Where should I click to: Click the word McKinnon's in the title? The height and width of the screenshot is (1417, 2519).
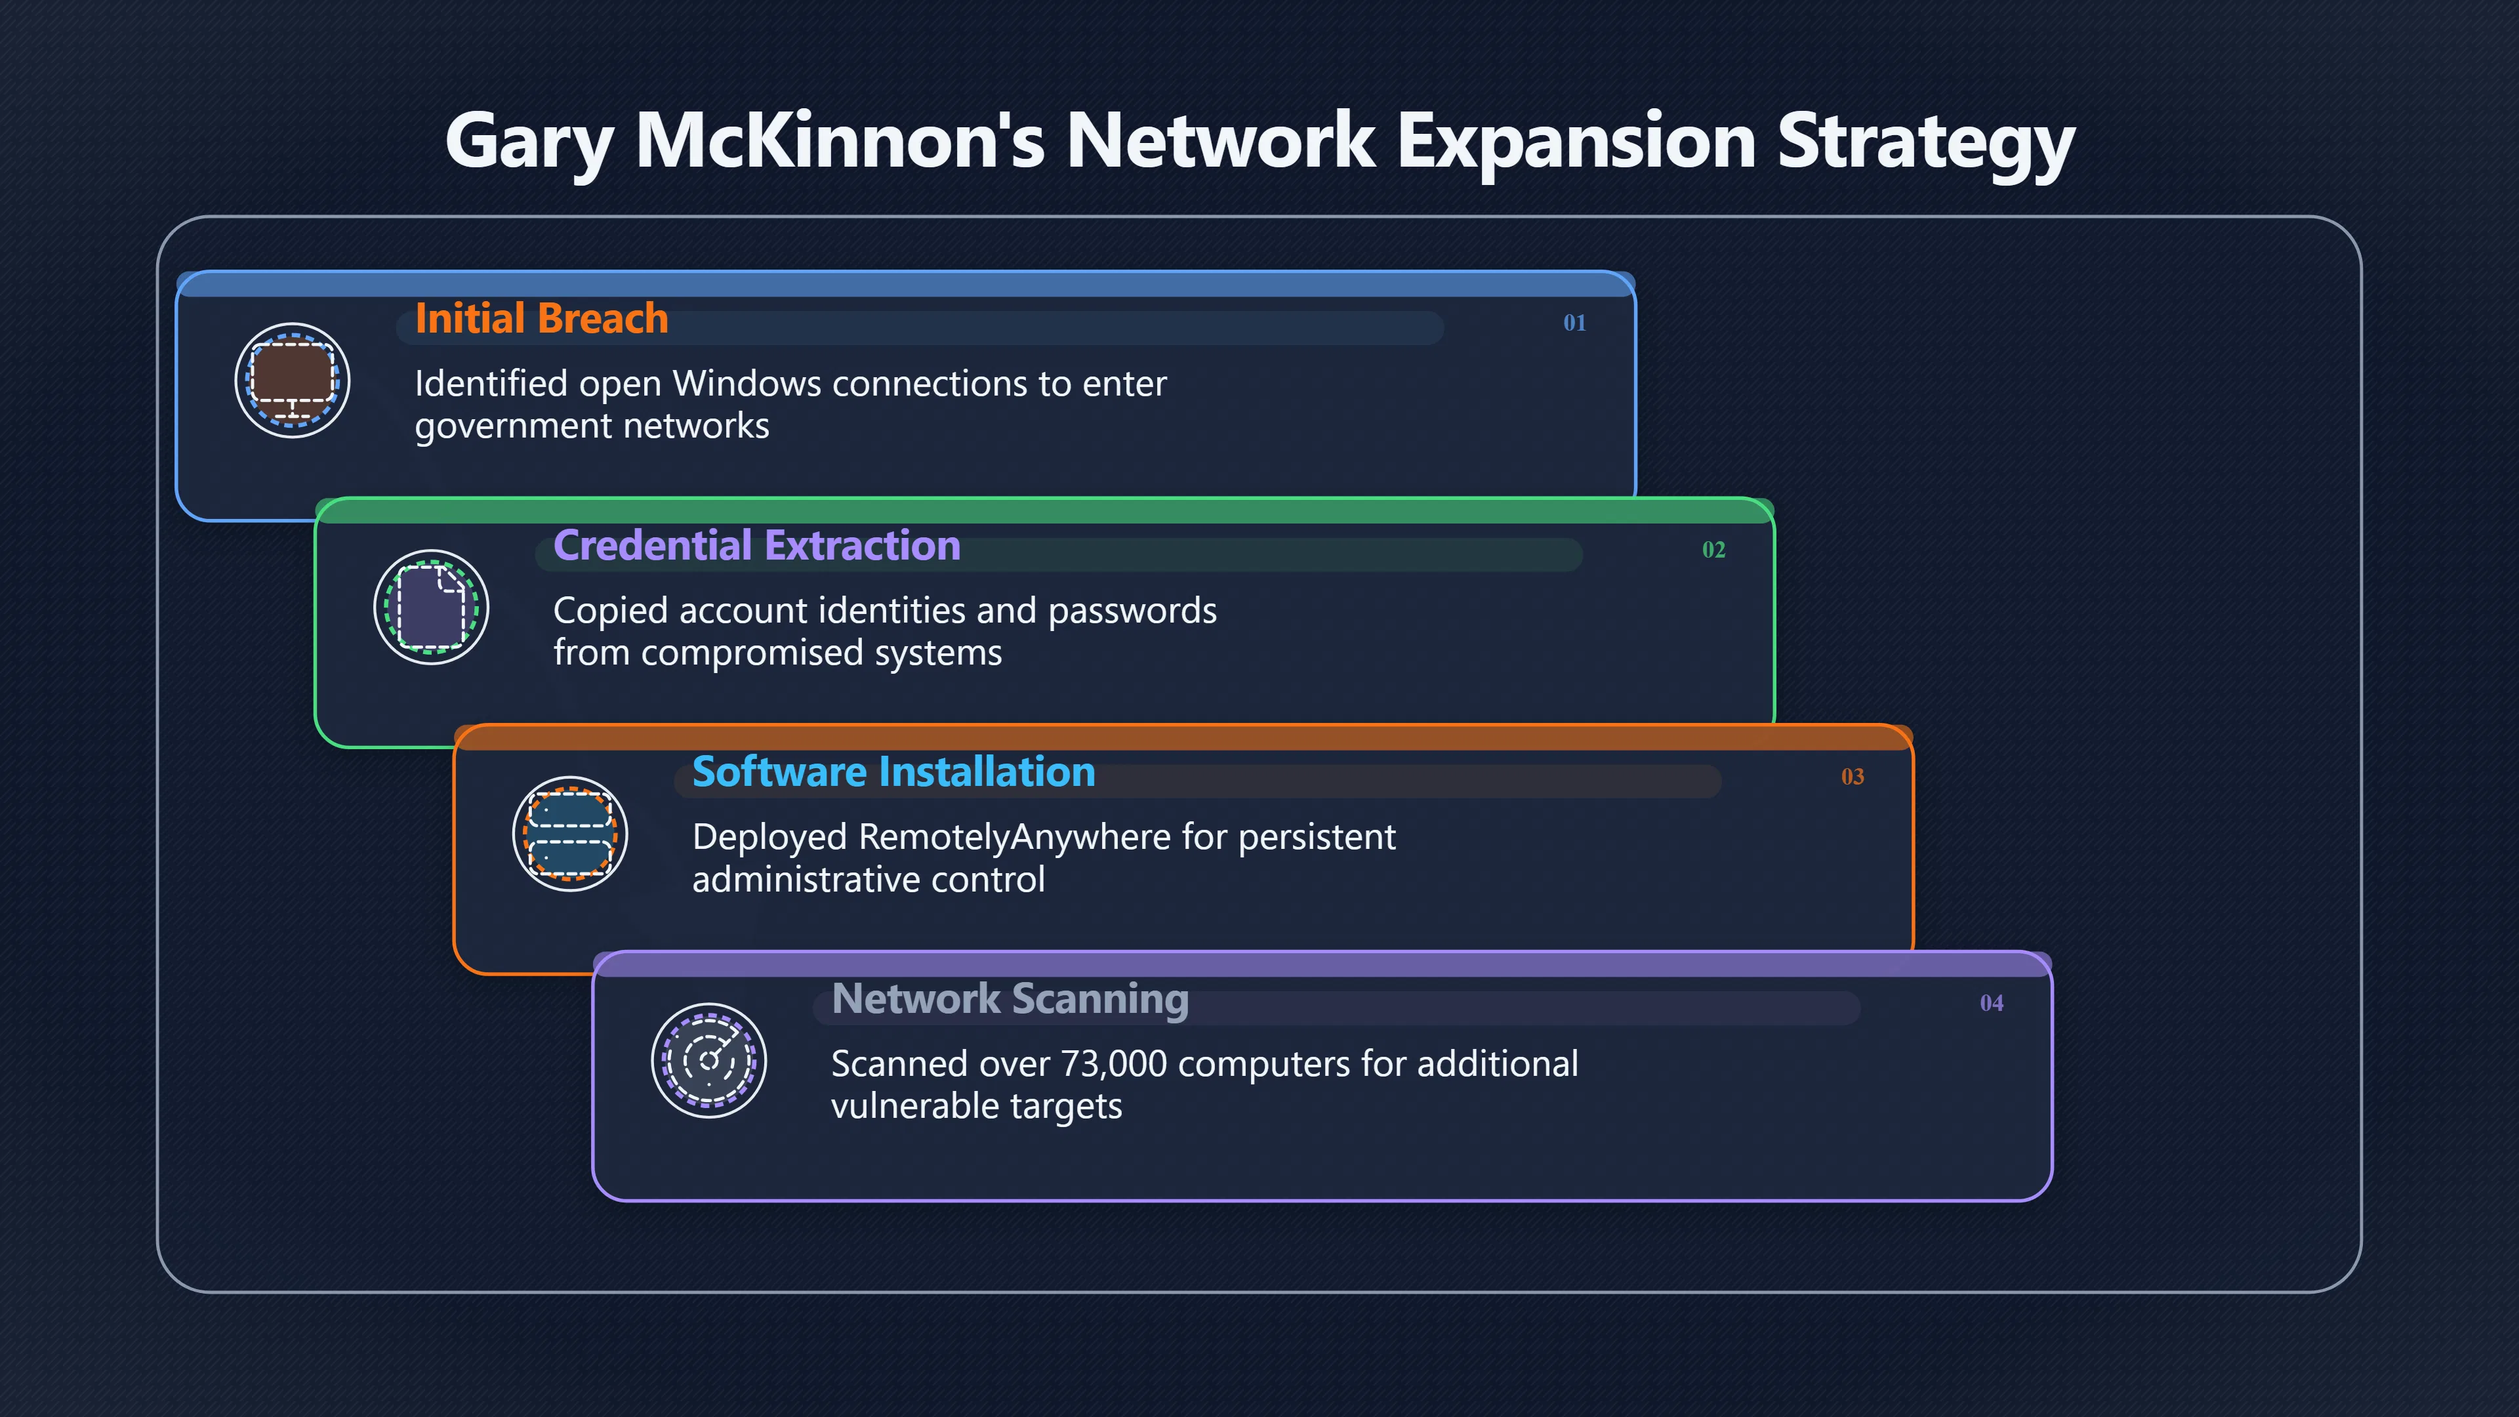click(840, 140)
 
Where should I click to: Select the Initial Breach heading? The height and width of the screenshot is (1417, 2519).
click(542, 319)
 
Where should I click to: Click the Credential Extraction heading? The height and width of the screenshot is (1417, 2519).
click(757, 546)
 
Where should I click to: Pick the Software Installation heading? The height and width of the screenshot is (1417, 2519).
click(893, 773)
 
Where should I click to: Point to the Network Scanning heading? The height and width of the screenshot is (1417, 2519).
click(1010, 999)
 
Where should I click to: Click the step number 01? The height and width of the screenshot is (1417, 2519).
click(1574, 323)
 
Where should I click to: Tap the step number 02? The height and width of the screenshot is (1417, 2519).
click(1713, 550)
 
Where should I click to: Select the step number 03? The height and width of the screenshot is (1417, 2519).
click(1852, 777)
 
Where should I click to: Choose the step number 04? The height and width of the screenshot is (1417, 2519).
click(1991, 1003)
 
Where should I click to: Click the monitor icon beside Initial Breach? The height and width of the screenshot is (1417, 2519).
click(293, 380)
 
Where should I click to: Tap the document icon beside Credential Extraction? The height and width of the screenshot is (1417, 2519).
click(431, 607)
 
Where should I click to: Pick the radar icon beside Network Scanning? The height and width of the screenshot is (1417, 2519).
click(709, 1061)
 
